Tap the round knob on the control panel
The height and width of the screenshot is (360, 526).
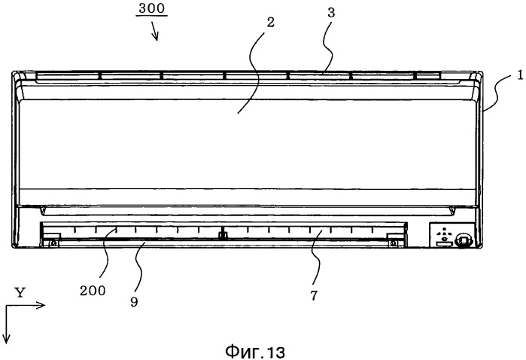click(x=464, y=241)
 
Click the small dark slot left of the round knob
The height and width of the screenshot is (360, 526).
click(x=444, y=243)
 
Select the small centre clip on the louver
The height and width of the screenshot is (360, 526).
click(x=222, y=236)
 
